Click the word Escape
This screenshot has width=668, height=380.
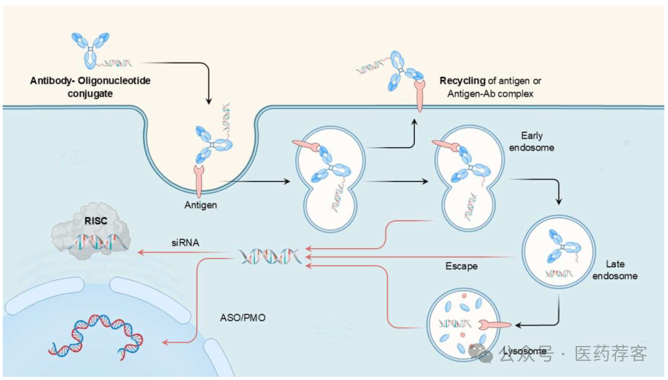click(x=461, y=267)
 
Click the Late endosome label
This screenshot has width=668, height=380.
click(x=615, y=269)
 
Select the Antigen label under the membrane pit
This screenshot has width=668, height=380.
click(x=200, y=205)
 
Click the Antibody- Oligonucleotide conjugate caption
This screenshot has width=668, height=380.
click(x=90, y=87)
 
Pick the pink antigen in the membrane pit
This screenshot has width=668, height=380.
click(x=201, y=179)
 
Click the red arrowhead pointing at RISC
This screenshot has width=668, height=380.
click(x=141, y=253)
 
